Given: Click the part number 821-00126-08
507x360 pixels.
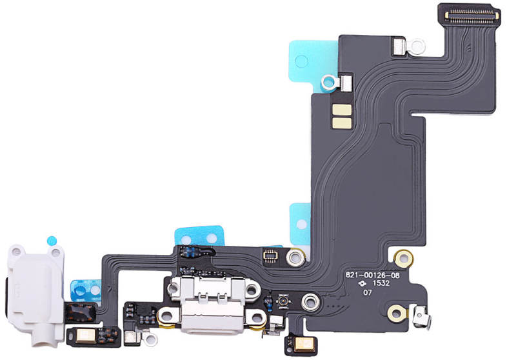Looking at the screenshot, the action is tap(372, 275).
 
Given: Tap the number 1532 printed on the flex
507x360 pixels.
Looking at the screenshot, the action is tap(381, 283).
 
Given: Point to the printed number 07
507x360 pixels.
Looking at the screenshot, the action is tap(367, 293).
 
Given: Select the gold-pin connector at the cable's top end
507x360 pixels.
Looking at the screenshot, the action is tap(472, 14).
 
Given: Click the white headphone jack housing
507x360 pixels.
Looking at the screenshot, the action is tap(35, 294).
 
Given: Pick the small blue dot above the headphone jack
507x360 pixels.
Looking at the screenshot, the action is tap(52, 241).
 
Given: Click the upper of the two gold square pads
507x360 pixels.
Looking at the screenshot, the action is tap(342, 110).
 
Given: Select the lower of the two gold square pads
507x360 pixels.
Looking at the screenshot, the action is tap(342, 123).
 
